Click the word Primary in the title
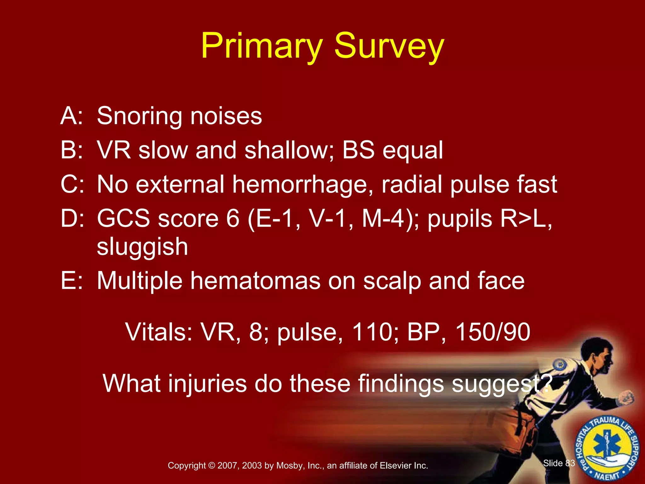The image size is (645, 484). pyautogui.click(x=262, y=47)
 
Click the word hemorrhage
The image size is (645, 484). pyautogui.click(x=302, y=185)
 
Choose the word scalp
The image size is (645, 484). pyautogui.click(x=392, y=281)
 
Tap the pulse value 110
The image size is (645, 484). pyautogui.click(x=372, y=332)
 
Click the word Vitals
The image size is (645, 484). pyautogui.click(x=159, y=332)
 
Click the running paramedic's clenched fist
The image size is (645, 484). pyautogui.click(x=626, y=398)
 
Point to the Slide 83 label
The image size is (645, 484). pyautogui.click(x=559, y=463)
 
